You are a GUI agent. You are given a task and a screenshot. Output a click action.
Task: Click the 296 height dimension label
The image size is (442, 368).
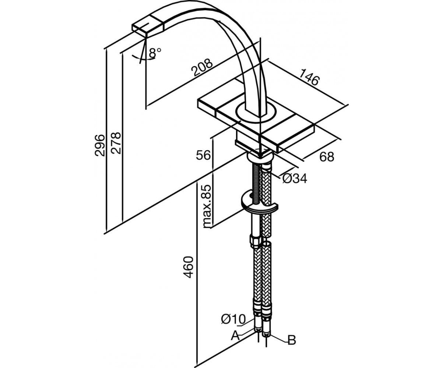(100, 145)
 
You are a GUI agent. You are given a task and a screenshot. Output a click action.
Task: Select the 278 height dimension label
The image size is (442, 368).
(116, 143)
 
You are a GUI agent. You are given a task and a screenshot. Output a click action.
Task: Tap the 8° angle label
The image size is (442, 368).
(155, 53)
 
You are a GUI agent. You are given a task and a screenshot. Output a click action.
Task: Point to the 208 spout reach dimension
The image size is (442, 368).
(202, 67)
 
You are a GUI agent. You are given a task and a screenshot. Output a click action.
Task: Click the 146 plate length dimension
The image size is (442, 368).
(309, 78)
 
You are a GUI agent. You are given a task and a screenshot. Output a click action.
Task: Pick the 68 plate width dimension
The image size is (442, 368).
(327, 157)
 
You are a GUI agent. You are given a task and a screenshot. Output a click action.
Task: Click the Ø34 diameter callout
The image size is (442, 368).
(294, 179)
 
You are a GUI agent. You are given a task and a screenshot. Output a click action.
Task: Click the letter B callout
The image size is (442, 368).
(292, 346)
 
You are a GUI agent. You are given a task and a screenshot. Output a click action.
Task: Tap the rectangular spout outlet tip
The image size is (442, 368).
(148, 28)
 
